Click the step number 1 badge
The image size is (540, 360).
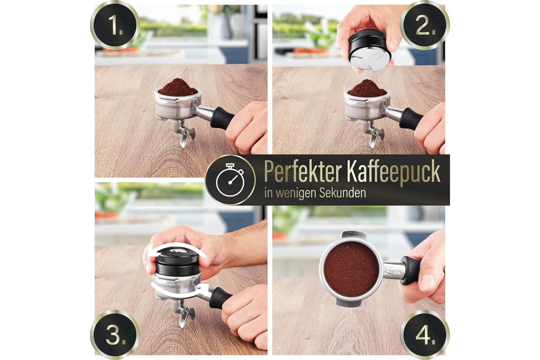pyautogui.click(x=115, y=25)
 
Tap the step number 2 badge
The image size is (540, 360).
pyautogui.click(x=425, y=25)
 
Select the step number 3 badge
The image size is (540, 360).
pyautogui.click(x=115, y=335)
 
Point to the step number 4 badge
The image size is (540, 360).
pyautogui.click(x=425, y=335)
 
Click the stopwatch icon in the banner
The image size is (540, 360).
pyautogui.click(x=230, y=180)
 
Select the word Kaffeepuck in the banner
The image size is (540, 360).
pyautogui.click(x=394, y=172)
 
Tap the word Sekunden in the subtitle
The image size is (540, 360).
pyautogui.click(x=342, y=193)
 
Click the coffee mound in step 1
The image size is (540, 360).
pyautogui.click(x=178, y=87)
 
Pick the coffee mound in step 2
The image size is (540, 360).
pyautogui.click(x=367, y=88)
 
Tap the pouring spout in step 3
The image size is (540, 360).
pyautogui.click(x=185, y=314)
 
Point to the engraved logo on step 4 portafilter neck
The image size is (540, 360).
pyautogui.click(x=393, y=271)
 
